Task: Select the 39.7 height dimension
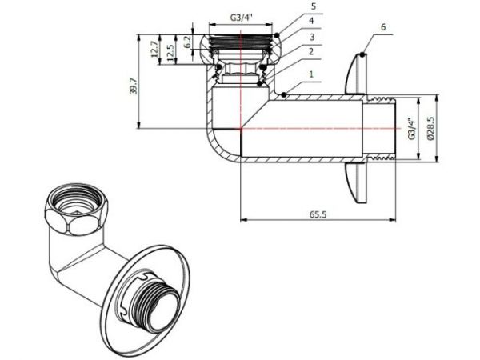134,80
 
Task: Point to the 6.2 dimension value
187,40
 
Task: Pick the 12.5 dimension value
170,52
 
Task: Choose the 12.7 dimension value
154,52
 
